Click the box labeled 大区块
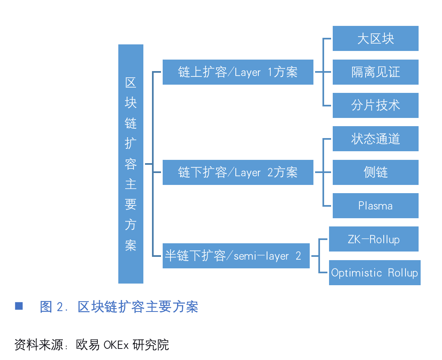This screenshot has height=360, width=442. coord(375,39)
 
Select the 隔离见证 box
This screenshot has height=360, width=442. coord(375,72)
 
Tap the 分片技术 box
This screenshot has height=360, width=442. coord(375,105)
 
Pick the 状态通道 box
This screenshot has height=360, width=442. coord(375,139)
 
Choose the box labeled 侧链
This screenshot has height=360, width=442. coord(375,172)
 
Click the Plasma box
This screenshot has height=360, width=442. coord(375,205)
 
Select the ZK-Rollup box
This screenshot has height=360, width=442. coord(373,239)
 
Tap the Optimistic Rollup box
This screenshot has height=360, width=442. coord(374,272)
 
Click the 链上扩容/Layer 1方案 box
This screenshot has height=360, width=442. coord(237,72)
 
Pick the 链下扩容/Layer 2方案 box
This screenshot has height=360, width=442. coord(237,172)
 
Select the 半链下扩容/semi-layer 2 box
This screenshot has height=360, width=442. coord(236,256)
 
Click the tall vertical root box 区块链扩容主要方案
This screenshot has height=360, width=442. coord(131,164)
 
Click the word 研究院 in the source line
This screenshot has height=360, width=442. coord(151,345)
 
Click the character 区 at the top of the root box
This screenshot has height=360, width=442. coord(131,83)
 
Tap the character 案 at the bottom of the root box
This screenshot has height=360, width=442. coord(131,245)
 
